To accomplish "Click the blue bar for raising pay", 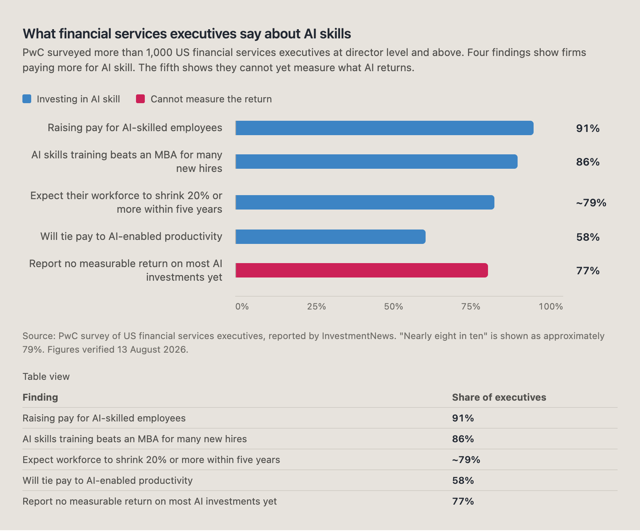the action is point(384,128).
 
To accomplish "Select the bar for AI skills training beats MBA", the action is point(376,162).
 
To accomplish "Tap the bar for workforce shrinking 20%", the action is point(365,202).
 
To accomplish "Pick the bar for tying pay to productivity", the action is point(330,237).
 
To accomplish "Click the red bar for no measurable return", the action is point(362,270).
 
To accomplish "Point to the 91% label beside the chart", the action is point(588,128).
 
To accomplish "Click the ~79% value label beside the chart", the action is point(591,203).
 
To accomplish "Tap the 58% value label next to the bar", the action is point(588,237).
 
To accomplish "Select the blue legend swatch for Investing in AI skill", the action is point(27,99).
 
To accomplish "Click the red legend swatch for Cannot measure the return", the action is point(140,99).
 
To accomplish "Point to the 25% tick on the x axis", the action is point(316,307).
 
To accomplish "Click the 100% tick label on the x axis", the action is point(551,307).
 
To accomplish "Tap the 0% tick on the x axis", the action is point(242,307).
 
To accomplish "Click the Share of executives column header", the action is point(499,397).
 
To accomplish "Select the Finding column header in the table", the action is point(40,397).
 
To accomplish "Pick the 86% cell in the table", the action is point(463,439).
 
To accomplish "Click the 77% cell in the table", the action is point(463,501).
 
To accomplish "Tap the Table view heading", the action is point(46,377).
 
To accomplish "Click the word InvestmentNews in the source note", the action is point(358,336).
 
